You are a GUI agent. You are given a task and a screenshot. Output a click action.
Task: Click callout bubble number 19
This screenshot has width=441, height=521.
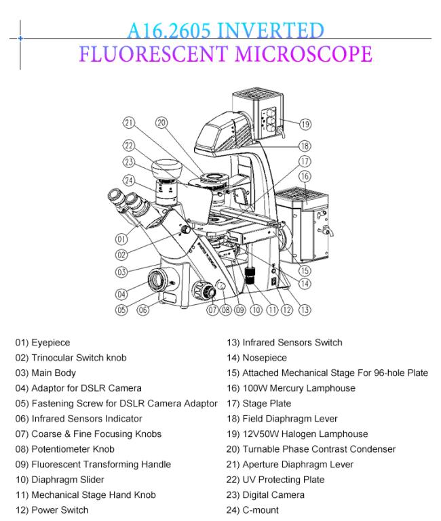(x=305, y=124)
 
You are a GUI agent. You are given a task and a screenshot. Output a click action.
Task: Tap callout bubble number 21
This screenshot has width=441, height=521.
(x=129, y=123)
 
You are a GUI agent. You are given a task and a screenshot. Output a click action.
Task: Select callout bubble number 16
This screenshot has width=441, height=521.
(x=305, y=176)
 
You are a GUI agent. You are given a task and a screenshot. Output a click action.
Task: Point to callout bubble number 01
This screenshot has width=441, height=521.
(x=122, y=238)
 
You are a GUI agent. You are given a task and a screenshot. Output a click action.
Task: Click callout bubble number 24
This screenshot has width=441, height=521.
(x=129, y=180)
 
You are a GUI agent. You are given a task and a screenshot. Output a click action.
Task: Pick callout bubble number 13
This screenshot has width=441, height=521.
(x=305, y=310)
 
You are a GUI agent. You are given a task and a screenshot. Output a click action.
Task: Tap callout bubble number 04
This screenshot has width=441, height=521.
(x=122, y=294)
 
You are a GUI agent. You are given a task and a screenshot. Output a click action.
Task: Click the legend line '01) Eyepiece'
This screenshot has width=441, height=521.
(x=42, y=343)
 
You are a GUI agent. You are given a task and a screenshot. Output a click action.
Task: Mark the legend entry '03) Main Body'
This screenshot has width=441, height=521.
(x=45, y=373)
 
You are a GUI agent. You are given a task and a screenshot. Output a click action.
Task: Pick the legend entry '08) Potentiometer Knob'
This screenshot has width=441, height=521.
(x=64, y=449)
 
